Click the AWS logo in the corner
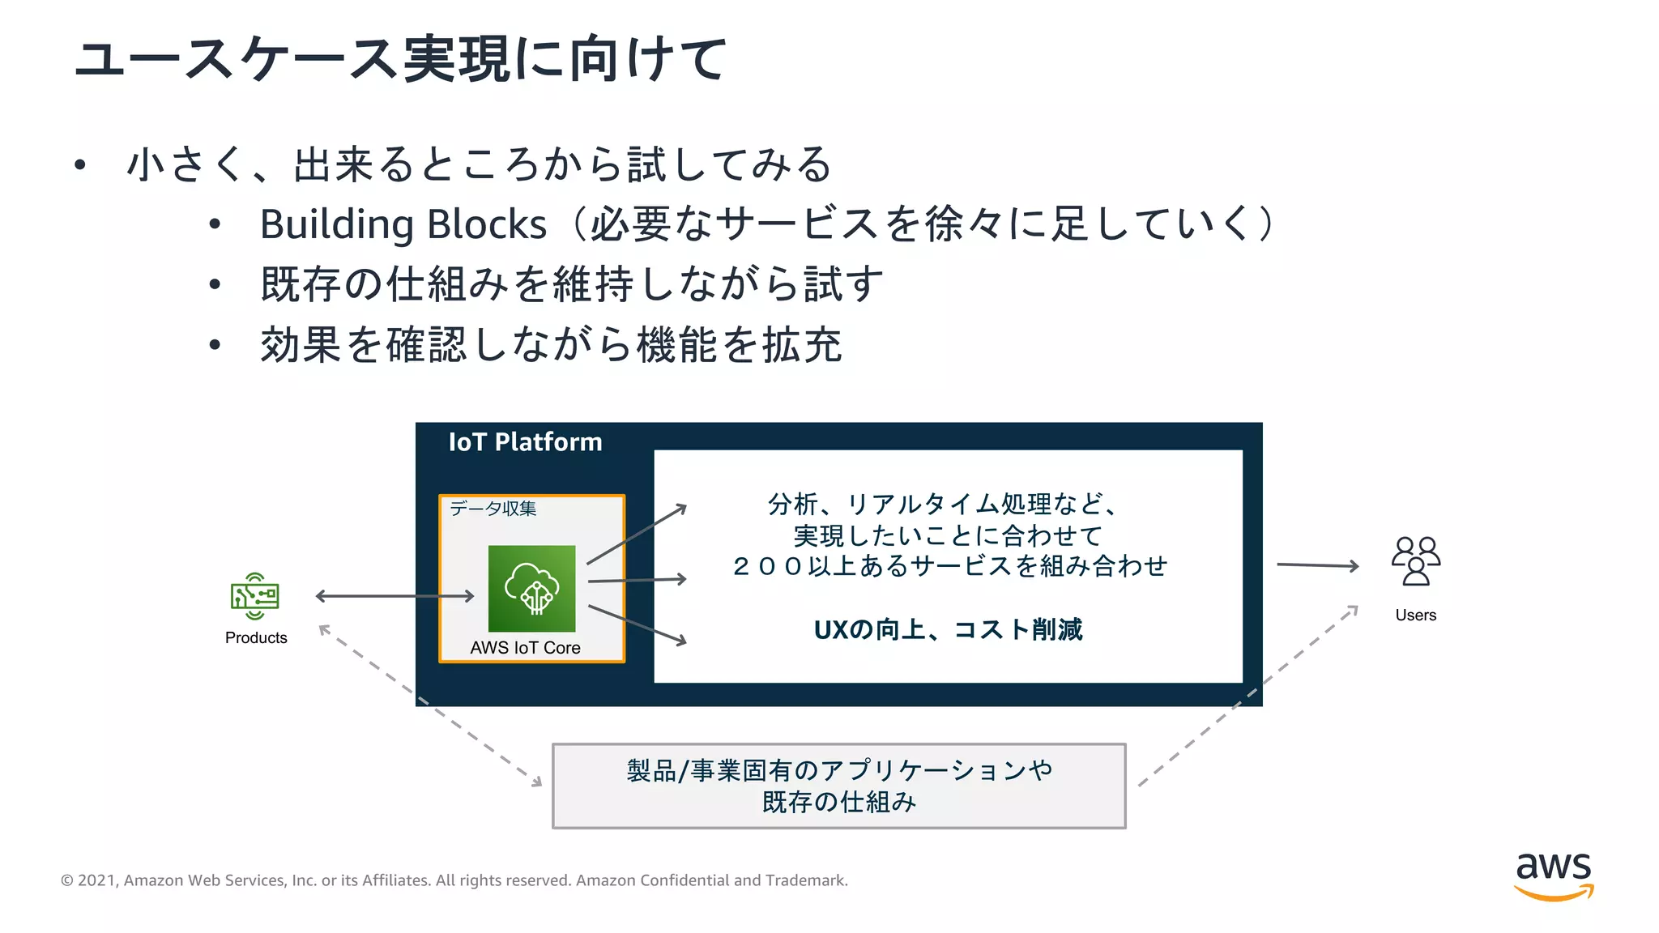click(1554, 876)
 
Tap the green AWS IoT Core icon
click(531, 589)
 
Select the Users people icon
click(1415, 560)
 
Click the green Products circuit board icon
click(255, 596)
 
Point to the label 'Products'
click(256, 638)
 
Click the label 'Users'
click(1415, 616)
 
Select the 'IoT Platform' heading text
click(525, 442)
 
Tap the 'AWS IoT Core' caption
click(525, 648)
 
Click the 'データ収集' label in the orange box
click(493, 509)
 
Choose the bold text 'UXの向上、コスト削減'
click(948, 630)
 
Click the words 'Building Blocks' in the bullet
click(403, 224)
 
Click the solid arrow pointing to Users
click(1317, 565)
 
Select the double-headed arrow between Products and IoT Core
click(394, 596)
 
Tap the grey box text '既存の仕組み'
click(838, 803)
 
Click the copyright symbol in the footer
click(67, 880)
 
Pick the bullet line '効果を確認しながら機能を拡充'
click(551, 345)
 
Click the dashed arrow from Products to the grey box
click(429, 705)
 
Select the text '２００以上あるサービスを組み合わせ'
click(949, 566)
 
